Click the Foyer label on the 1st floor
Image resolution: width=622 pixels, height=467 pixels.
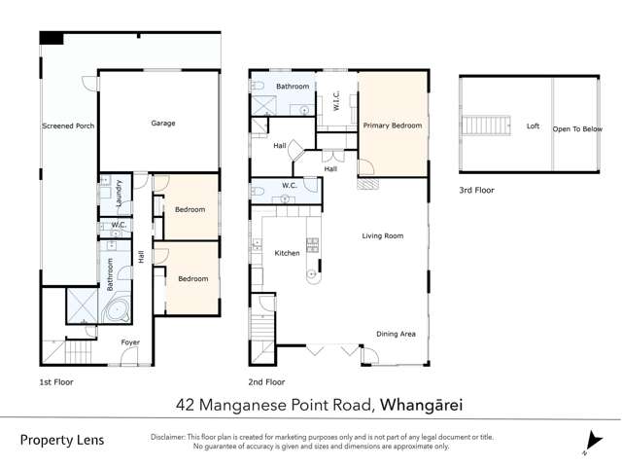tap(129, 342)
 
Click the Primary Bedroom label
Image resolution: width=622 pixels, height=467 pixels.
tap(393, 126)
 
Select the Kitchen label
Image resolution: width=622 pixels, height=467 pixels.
tap(287, 253)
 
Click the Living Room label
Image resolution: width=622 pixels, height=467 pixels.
tap(382, 235)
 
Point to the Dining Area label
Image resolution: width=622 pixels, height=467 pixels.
tap(397, 334)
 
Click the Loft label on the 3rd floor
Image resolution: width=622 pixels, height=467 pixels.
tap(533, 126)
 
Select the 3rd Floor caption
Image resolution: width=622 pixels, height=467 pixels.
tap(477, 190)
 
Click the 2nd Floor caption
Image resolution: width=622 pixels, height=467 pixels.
tap(267, 382)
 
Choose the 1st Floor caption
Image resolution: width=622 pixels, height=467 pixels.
tap(55, 382)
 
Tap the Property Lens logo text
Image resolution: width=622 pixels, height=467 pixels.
tap(61, 441)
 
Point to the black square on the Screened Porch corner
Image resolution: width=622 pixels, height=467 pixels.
tap(51, 38)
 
